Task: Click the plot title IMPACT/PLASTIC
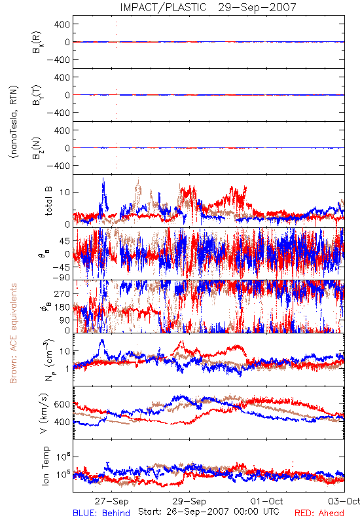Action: (163, 7)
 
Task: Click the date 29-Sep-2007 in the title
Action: (257, 7)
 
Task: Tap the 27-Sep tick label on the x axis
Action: (111, 501)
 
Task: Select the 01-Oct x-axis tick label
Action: (266, 501)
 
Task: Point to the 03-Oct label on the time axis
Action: (344, 501)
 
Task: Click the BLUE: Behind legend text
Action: (101, 513)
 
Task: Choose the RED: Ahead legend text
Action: (319, 513)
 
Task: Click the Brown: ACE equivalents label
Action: (13, 333)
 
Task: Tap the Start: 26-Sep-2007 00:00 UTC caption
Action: (208, 512)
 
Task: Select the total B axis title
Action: (48, 201)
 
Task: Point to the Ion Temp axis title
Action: (45, 466)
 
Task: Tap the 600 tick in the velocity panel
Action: (62, 404)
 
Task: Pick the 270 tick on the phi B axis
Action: (62, 293)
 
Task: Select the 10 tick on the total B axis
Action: (65, 192)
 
